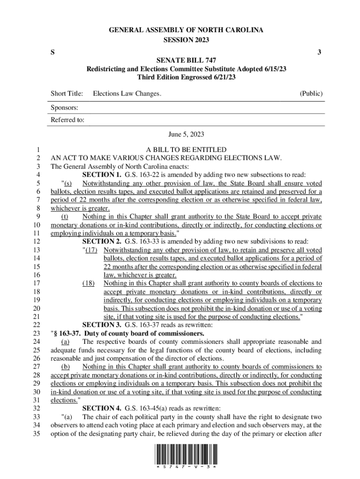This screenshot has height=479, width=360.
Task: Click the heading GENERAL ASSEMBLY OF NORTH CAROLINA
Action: (x=186, y=30)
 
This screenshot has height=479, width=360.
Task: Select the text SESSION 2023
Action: (x=186, y=39)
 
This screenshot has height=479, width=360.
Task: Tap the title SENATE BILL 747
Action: (x=186, y=60)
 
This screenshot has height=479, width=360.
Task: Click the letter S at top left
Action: (x=52, y=52)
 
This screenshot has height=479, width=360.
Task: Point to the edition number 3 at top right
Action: (x=319, y=52)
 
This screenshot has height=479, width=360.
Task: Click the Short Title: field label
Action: (x=66, y=94)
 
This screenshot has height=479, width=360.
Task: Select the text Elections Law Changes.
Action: (x=127, y=94)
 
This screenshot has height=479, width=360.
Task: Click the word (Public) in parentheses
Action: (x=311, y=94)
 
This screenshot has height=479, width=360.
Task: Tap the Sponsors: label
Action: (x=64, y=108)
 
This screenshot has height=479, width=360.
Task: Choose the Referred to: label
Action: (x=67, y=120)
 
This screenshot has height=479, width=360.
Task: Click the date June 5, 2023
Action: (x=186, y=134)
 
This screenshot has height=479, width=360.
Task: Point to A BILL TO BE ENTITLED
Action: (x=186, y=149)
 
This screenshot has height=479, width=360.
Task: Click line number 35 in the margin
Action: (x=39, y=433)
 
